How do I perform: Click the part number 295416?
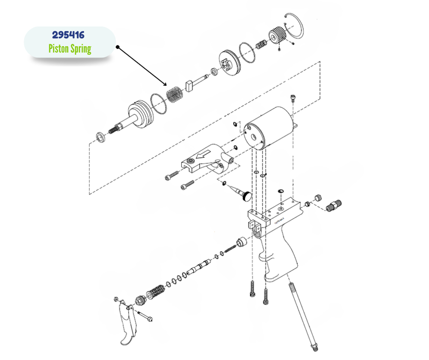pyautogui.click(x=69, y=35)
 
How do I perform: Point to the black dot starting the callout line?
pyautogui.click(x=117, y=47)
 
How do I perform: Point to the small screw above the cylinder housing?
pyautogui.click(x=293, y=99)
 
